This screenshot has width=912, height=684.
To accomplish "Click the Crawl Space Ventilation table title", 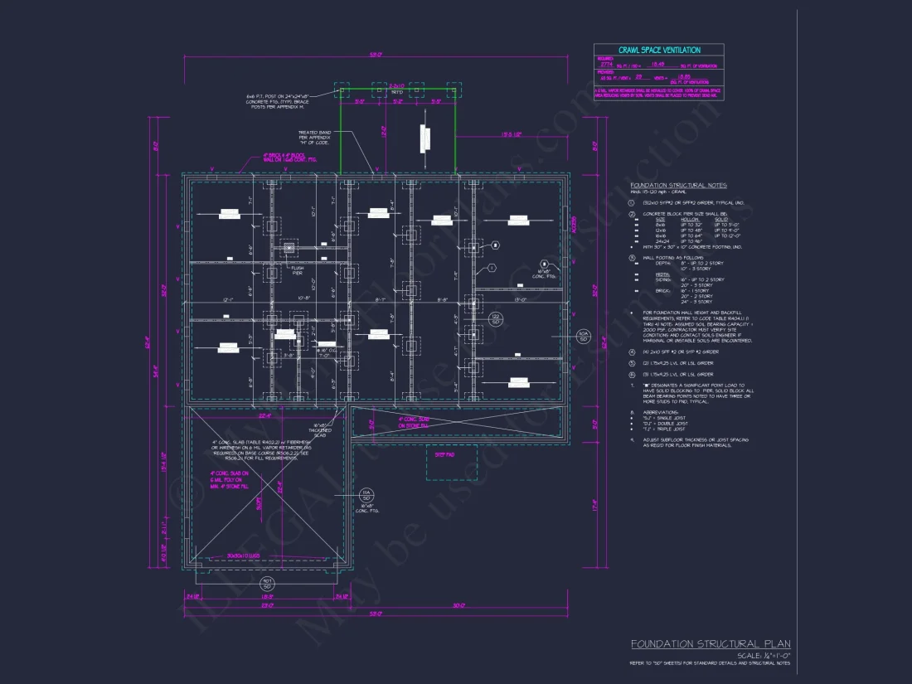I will point(659,51).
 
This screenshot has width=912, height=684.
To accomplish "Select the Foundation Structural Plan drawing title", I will point(711,643).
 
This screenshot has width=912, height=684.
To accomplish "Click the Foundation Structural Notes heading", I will point(678,185).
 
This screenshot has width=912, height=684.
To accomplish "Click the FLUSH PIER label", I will point(296,269).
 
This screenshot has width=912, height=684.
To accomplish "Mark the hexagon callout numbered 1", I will point(491,268).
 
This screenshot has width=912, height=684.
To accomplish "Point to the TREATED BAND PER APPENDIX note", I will point(314,137).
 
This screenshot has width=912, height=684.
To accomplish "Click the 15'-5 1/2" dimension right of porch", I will point(512,135).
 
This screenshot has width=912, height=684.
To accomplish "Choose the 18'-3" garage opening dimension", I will point(267,596).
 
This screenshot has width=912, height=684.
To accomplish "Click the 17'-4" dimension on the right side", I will point(594,501).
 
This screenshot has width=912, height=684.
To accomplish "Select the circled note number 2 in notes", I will point(632,214).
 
